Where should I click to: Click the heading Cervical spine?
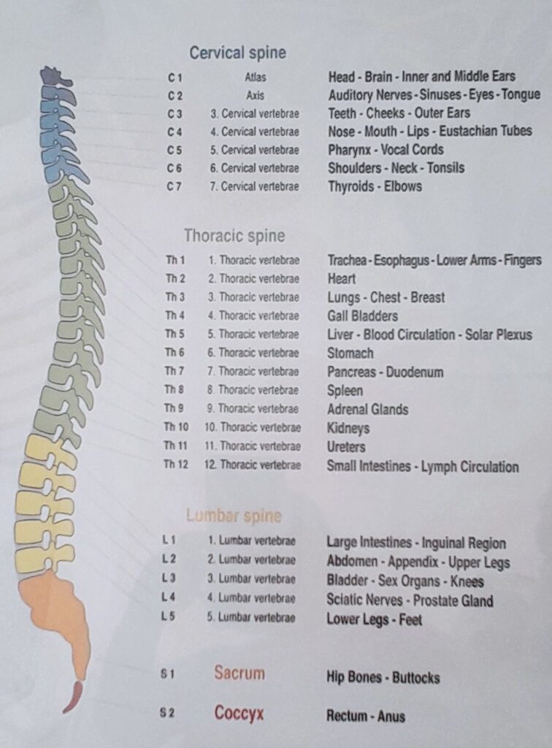[x=237, y=53]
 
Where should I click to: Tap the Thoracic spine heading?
[x=234, y=236]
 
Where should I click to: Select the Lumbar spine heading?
[x=234, y=515]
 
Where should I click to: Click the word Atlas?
[x=256, y=77]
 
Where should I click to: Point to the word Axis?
[x=255, y=96]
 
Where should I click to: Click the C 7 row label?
[x=175, y=186]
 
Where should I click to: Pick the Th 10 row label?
[x=177, y=427]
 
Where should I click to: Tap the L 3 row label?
[x=169, y=578]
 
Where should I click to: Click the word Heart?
[x=341, y=278]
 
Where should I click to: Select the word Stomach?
[x=350, y=353]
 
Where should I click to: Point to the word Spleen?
[x=345, y=391]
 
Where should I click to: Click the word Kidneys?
[x=348, y=428]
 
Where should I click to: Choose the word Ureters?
[x=346, y=447]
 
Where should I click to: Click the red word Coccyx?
[x=239, y=713]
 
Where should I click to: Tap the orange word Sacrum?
[x=239, y=673]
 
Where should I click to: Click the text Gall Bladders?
[x=362, y=316]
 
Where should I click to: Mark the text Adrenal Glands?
[x=367, y=409]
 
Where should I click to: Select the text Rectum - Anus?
[x=366, y=716]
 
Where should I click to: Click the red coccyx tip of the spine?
[x=73, y=698]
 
